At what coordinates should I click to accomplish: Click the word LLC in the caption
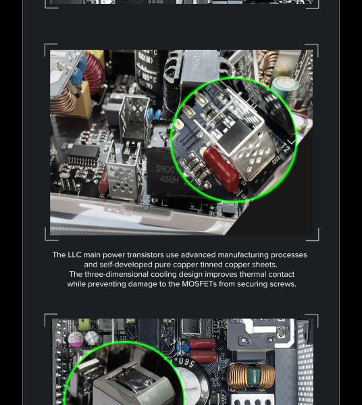point(74,254)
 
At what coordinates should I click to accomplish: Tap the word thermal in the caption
point(253,274)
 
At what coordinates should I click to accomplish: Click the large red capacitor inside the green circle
point(222,169)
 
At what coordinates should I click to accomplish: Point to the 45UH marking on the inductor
point(169,180)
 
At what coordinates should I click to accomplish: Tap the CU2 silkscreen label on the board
point(276,159)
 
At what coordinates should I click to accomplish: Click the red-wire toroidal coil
point(93,73)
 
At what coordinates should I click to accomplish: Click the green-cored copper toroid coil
point(251,375)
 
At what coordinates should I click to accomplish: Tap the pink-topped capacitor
point(75,339)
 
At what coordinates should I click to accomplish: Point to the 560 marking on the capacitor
point(185,362)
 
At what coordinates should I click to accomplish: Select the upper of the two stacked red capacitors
point(203,344)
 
